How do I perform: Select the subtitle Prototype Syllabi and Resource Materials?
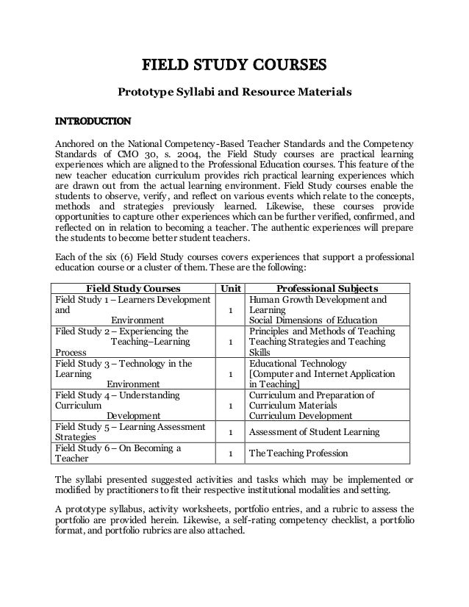click(234, 93)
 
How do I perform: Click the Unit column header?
click(230, 287)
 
